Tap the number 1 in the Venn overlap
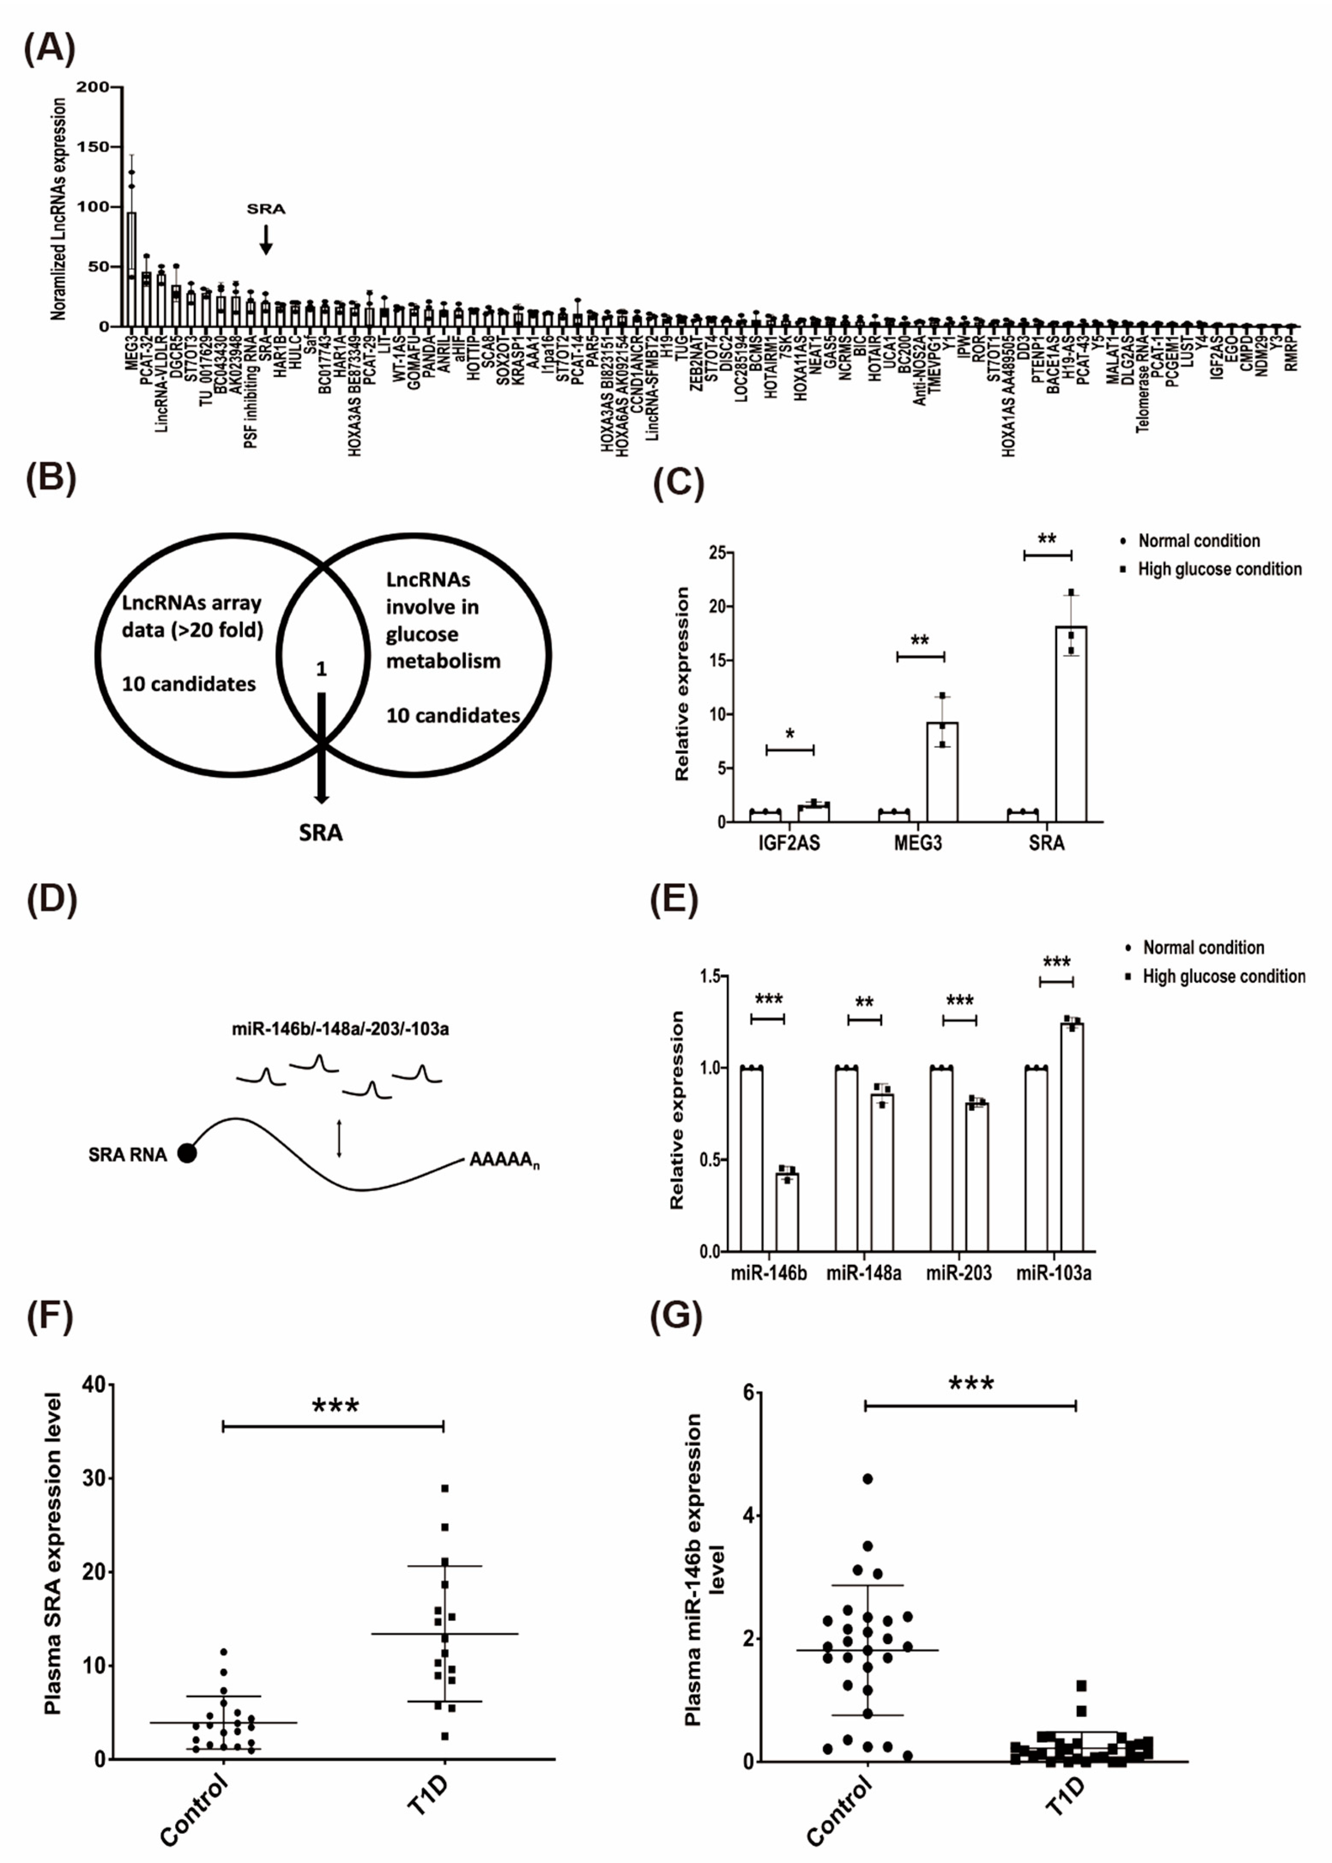[321, 668]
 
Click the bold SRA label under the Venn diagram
[321, 833]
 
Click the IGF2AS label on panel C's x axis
[789, 843]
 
